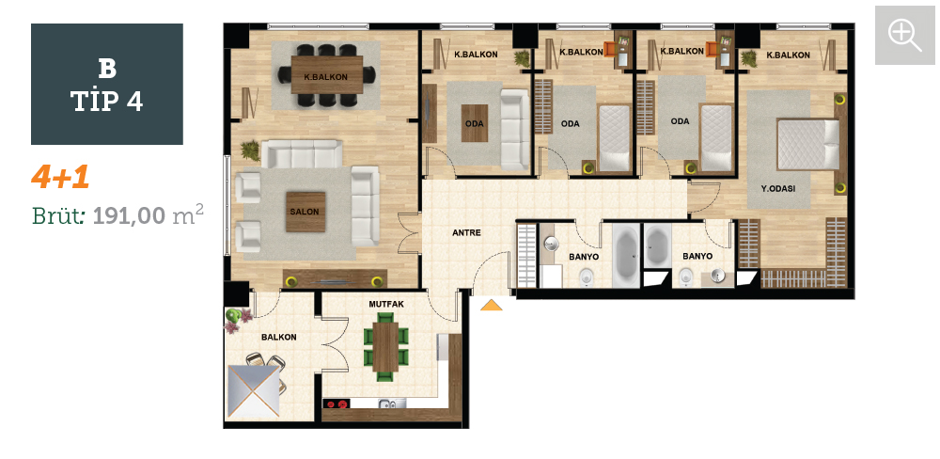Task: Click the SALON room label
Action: (x=305, y=212)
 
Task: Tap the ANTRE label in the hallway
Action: (x=466, y=233)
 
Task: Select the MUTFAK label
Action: (x=386, y=305)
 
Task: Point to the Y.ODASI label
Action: (x=778, y=188)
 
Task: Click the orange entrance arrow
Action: (x=492, y=305)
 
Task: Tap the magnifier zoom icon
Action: (x=904, y=35)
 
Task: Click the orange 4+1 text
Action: (x=60, y=177)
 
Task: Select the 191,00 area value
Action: (x=129, y=214)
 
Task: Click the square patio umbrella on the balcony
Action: (x=253, y=391)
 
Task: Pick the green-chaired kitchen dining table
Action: (x=385, y=347)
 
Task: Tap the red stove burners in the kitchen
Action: (x=337, y=404)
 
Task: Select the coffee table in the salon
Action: (x=305, y=212)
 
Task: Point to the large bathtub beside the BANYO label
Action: (x=626, y=256)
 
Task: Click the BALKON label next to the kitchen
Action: (x=279, y=338)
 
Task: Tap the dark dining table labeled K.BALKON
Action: (x=327, y=75)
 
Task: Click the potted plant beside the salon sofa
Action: (x=251, y=150)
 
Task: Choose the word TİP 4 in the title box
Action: (x=107, y=102)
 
